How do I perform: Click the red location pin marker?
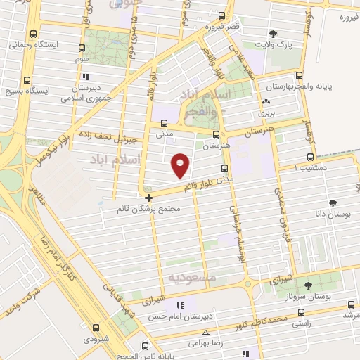181,165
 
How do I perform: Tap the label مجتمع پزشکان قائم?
150,210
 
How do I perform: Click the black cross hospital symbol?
148,198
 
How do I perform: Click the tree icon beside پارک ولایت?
273,33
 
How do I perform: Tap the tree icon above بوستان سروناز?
308,285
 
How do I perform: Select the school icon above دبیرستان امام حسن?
180,305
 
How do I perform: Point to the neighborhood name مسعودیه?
191,278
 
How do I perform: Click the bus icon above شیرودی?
96,327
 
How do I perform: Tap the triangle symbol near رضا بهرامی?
205,333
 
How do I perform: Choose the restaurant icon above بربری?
266,101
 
